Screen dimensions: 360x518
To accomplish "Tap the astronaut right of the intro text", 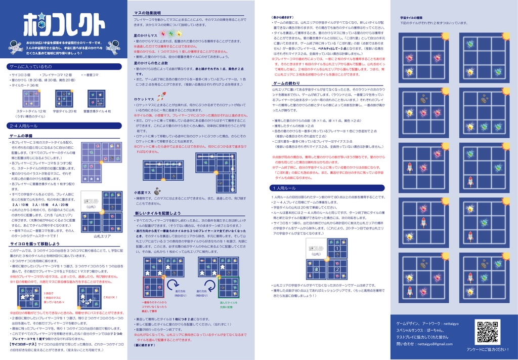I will tap(113, 48).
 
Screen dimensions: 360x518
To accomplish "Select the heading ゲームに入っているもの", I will tap(31, 67).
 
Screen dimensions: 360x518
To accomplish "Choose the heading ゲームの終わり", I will tap(286, 83).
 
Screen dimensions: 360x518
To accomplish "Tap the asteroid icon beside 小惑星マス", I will tap(157, 192).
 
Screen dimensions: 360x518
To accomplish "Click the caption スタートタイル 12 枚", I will tap(31, 111).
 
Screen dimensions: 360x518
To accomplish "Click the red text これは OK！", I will tap(110, 297).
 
